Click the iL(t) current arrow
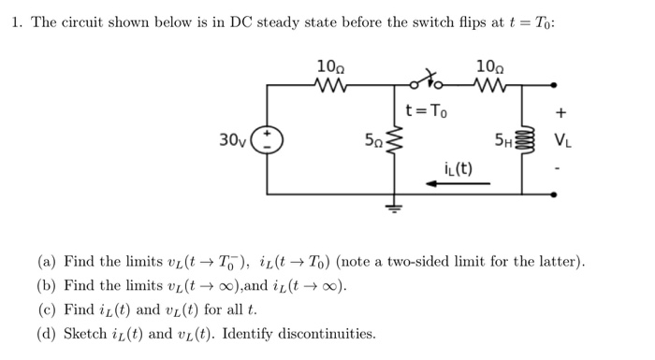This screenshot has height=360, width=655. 458,184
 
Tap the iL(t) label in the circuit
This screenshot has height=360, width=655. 458,168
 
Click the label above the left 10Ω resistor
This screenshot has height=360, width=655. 331,65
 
